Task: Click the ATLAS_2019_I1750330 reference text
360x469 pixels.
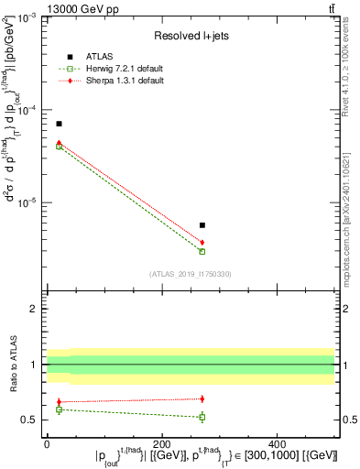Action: [190, 273]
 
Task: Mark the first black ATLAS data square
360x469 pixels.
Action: [59, 124]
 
